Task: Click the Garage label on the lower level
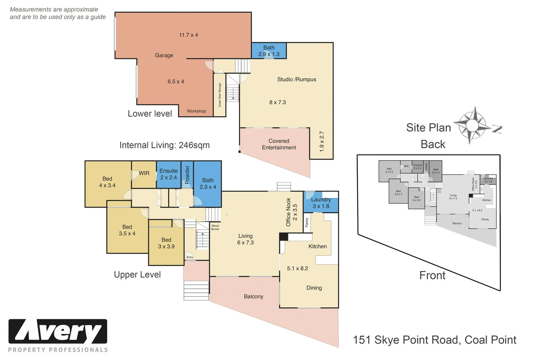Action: [164, 55]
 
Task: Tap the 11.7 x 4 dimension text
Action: [188, 35]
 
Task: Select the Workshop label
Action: [196, 111]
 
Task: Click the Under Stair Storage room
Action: [220, 95]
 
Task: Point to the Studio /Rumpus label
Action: [296, 79]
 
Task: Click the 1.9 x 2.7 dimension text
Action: [322, 142]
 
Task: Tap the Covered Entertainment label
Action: [279, 144]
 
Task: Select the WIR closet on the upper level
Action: [144, 173]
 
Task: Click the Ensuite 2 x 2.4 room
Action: [169, 174]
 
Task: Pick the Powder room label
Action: [187, 174]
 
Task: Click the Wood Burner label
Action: [215, 227]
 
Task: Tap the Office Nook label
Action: [289, 212]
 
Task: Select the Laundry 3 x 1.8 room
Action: [321, 203]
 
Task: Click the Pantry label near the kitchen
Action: [307, 222]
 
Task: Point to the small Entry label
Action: [190, 257]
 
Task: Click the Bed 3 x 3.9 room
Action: [166, 243]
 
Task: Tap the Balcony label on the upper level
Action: [253, 296]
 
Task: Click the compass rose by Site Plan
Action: [471, 125]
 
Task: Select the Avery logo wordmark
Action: [58, 331]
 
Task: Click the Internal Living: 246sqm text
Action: [164, 145]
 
